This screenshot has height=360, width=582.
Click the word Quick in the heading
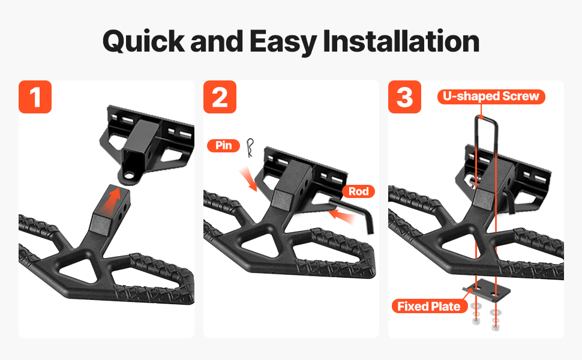click(143, 41)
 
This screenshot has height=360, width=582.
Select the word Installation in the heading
click(401, 41)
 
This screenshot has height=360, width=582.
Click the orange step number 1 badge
click(35, 97)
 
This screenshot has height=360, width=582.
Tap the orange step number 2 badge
click(220, 97)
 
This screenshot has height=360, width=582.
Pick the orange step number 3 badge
click(404, 97)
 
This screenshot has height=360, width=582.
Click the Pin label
click(223, 145)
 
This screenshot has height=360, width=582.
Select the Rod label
click(359, 191)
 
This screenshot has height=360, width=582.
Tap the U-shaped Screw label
click(491, 97)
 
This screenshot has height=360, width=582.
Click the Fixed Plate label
click(429, 306)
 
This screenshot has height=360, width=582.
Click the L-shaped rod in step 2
click(353, 209)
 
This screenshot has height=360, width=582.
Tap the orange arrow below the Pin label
click(248, 179)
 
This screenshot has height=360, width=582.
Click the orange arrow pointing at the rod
click(341, 217)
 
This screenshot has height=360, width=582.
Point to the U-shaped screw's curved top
click(486, 118)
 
